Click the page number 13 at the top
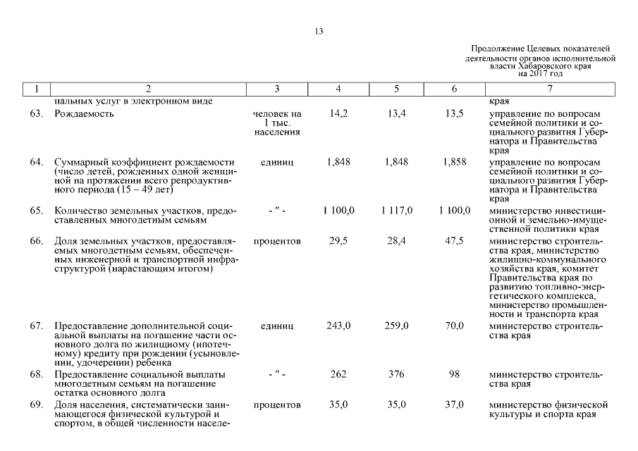pos(319,32)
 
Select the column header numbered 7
pos(550,89)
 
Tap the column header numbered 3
pos(277,89)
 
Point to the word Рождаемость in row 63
pos(83,114)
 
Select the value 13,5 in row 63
pos(455,114)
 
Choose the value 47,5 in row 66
pos(455,242)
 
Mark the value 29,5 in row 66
pos(338,242)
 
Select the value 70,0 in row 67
pos(455,326)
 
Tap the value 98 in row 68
pos(455,374)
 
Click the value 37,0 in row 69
pos(455,405)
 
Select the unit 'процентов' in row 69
pos(277,405)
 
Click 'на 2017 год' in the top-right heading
pos(540,73)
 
